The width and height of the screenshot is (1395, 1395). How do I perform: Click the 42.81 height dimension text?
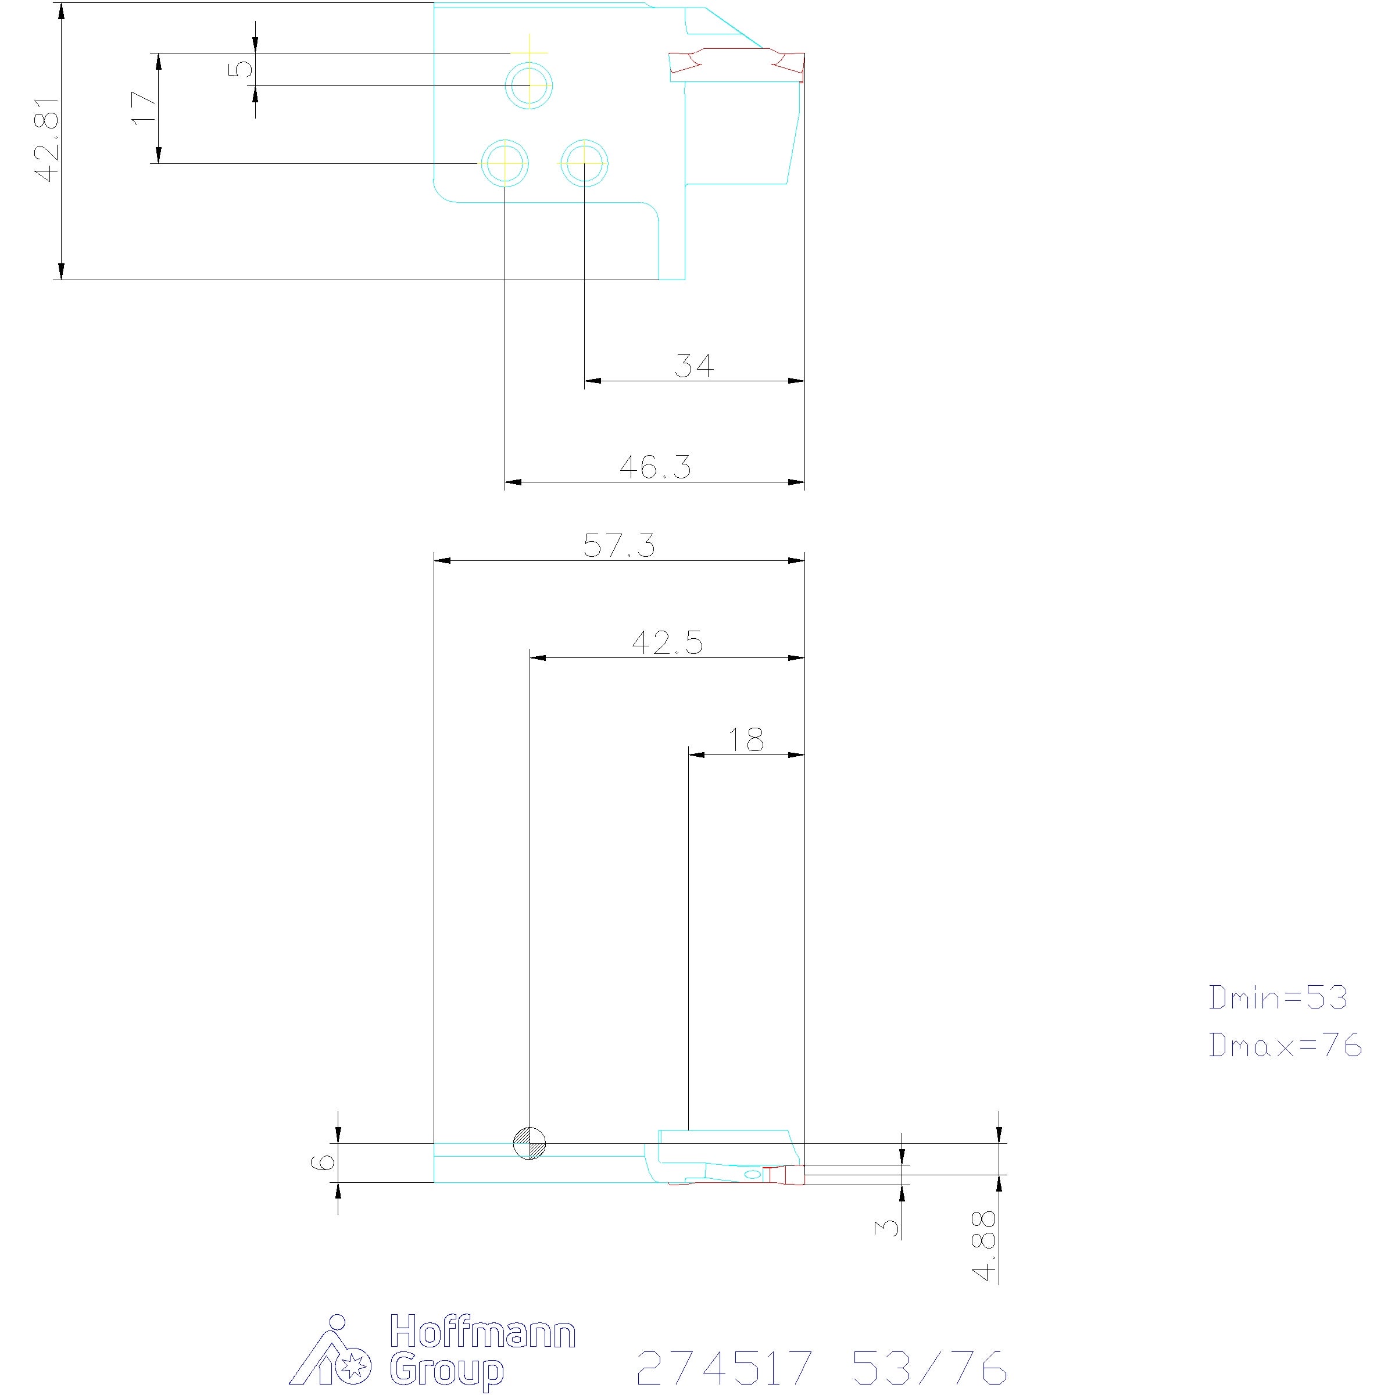tap(47, 140)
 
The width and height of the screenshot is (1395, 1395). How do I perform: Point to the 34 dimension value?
tap(694, 366)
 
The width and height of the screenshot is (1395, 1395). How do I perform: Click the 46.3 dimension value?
tap(656, 467)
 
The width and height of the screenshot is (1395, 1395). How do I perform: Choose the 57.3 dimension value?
tap(620, 546)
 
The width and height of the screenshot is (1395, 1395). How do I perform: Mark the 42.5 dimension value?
tap(668, 643)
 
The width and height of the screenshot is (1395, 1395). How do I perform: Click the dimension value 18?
tap(746, 740)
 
